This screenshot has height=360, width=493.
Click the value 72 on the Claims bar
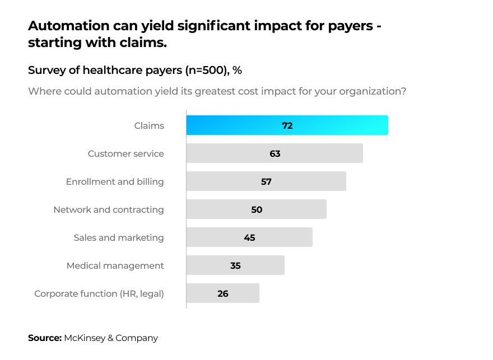(287, 125)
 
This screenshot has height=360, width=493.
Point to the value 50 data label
(257, 209)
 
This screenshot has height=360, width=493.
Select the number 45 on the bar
(249, 237)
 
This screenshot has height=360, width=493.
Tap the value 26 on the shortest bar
(223, 293)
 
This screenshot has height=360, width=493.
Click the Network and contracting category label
(109, 209)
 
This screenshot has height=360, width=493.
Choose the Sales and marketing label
(119, 237)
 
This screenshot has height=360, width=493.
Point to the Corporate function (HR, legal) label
(99, 293)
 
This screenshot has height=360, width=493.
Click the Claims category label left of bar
(149, 125)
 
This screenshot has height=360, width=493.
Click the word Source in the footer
(44, 338)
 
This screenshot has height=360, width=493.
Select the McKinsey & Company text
(111, 338)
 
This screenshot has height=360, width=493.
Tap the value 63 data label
(275, 153)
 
